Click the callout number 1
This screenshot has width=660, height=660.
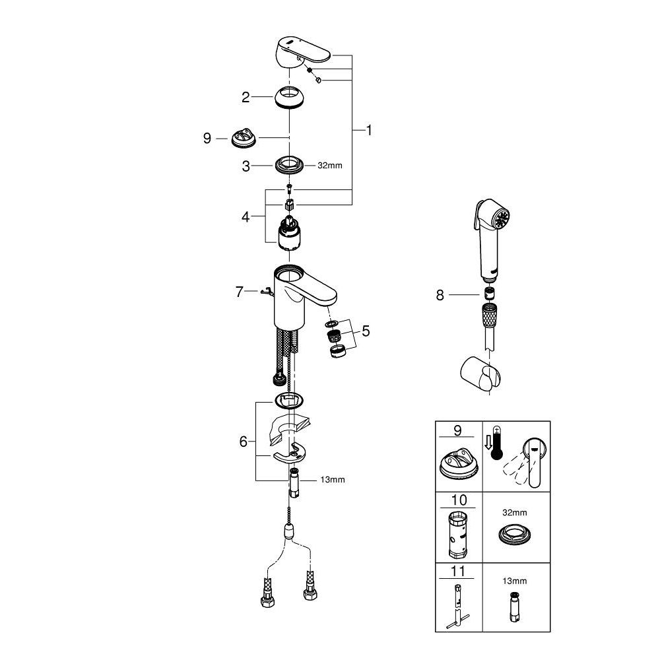[x=369, y=131]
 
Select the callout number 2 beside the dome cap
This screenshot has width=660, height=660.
[x=246, y=98]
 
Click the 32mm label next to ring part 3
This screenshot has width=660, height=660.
[x=330, y=166]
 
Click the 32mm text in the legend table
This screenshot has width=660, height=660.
[x=515, y=511]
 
